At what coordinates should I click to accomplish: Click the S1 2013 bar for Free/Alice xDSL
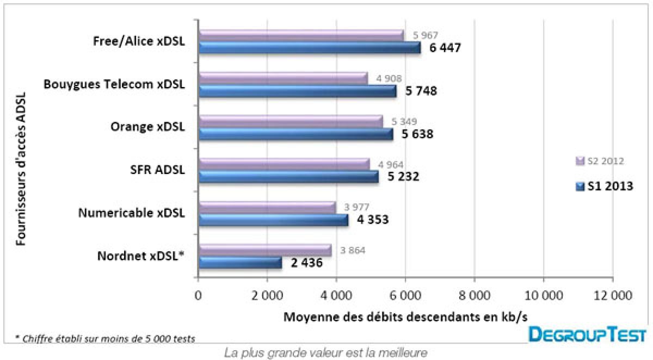(309, 48)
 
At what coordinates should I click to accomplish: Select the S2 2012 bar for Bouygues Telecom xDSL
(283, 78)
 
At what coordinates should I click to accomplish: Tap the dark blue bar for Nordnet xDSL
(240, 263)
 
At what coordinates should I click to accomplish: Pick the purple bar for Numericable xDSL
(267, 207)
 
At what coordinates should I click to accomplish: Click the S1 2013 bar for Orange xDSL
(295, 134)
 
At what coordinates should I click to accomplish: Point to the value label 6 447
(445, 48)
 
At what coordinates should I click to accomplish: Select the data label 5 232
(403, 176)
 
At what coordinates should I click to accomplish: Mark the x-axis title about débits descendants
(405, 316)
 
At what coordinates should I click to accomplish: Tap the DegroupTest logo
(588, 334)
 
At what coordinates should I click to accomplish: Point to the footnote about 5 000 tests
(105, 338)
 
